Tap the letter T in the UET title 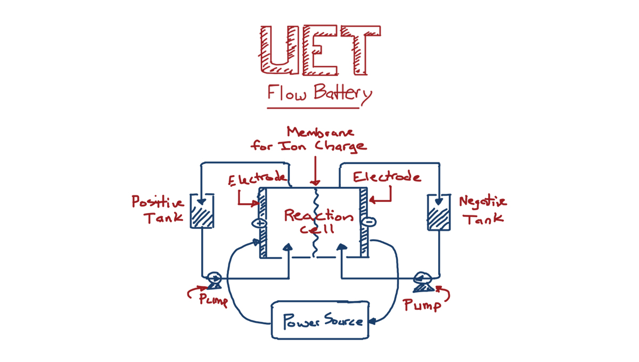click(361, 49)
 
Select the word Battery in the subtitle click(342, 94)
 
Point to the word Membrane click(320, 131)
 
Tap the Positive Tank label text click(158, 209)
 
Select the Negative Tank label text click(482, 210)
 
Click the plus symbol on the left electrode click(260, 223)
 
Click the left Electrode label click(258, 180)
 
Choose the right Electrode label click(387, 177)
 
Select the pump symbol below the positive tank click(214, 279)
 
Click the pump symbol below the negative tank click(423, 280)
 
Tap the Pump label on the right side click(422, 305)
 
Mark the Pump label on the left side click(214, 299)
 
